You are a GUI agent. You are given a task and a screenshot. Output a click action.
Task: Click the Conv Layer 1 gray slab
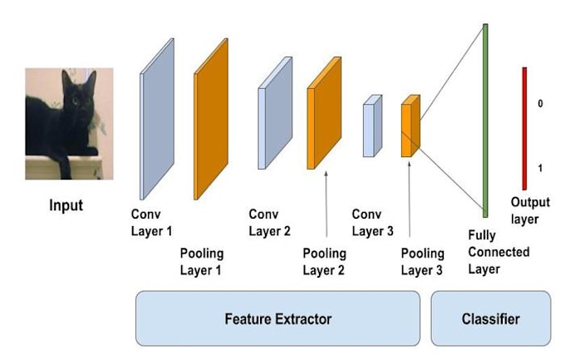click(x=157, y=119)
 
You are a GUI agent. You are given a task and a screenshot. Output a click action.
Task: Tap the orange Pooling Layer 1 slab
click(x=211, y=118)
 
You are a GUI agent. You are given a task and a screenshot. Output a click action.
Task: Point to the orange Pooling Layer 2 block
click(x=324, y=112)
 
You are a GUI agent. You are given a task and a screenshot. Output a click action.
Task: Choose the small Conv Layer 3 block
click(x=371, y=126)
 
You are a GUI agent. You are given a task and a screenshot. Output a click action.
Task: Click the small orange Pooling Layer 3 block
click(x=410, y=126)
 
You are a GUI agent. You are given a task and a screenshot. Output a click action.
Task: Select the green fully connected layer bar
click(x=484, y=120)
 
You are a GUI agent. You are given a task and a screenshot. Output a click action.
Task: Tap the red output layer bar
click(x=524, y=128)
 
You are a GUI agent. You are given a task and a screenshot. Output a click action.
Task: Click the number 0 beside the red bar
click(x=540, y=105)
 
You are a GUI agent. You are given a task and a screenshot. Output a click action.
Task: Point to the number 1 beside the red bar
click(x=540, y=168)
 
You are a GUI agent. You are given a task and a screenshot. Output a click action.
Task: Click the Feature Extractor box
click(x=278, y=318)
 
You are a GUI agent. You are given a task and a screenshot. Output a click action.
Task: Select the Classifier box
click(x=490, y=318)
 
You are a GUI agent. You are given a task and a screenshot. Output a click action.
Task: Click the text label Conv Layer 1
click(x=151, y=224)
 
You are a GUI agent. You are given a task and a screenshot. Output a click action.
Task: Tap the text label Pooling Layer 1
click(x=202, y=261)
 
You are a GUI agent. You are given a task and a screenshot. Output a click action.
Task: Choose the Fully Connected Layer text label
click(x=498, y=252)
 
